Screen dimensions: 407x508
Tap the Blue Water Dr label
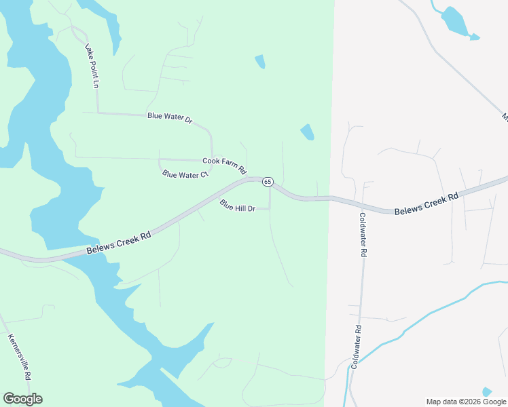click(170, 118)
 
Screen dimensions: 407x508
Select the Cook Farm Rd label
click(224, 163)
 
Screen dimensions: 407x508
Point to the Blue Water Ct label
click(184, 175)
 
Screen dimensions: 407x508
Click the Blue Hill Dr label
click(237, 205)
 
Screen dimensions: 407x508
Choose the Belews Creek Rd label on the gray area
click(427, 203)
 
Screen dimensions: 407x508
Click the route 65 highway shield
click(268, 182)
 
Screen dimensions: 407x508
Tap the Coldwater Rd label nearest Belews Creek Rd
click(363, 235)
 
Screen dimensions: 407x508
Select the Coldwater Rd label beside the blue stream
click(356, 345)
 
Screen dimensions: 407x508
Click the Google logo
click(22, 399)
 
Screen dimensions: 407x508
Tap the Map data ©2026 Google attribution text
click(466, 402)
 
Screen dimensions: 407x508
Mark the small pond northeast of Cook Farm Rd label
click(308, 132)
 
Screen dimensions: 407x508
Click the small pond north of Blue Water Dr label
click(259, 62)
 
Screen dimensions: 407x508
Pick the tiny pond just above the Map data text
click(487, 391)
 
